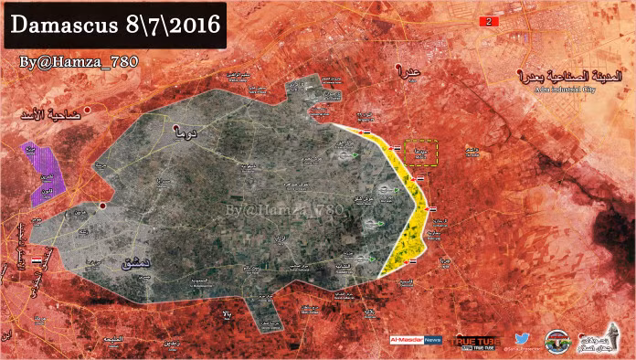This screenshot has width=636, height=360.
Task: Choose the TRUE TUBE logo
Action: (x=477, y=340)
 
